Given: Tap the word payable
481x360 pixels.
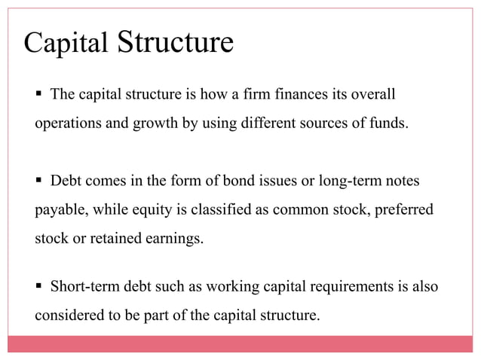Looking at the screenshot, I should point(60,210).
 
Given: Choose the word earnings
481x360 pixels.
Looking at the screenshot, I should point(175,239).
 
